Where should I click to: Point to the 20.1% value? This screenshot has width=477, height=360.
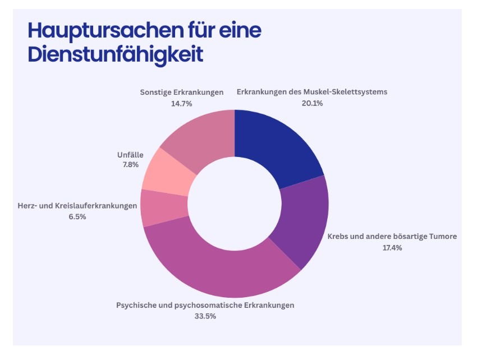coord(311,103)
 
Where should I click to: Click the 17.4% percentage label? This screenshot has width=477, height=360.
coord(392,247)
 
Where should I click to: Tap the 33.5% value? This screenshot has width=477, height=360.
coord(205,316)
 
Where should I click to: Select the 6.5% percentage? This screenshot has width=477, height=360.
coord(76,216)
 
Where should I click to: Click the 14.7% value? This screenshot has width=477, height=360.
coord(182,103)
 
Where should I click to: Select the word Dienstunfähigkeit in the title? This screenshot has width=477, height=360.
coord(115,56)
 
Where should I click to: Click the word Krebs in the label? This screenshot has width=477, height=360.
coord(338,237)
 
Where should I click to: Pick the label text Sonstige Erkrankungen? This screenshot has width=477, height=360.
coord(182,92)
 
